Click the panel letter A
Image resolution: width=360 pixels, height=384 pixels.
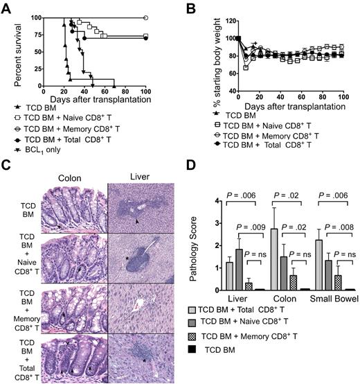tap(8, 7)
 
